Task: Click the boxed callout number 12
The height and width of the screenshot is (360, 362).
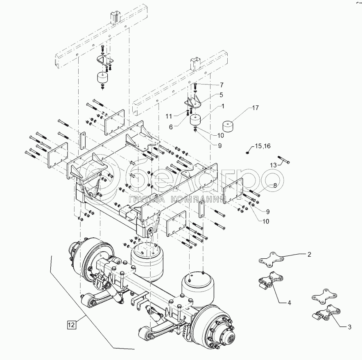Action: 72,325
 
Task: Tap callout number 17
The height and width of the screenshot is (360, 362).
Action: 256,108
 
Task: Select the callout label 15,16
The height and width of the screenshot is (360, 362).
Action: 262,146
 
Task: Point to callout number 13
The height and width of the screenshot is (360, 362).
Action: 273,165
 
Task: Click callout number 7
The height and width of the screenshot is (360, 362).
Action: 222,85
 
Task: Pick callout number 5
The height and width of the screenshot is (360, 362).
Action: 221,95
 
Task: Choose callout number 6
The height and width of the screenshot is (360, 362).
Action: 171,127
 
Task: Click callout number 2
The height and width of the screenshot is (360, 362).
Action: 309,255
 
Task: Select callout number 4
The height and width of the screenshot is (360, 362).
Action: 289,303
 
